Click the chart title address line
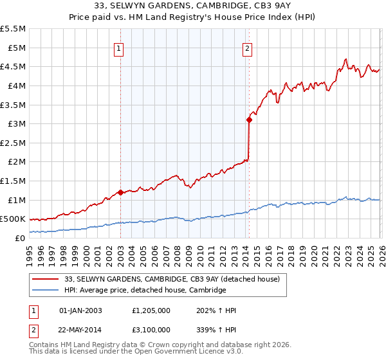point(193,6)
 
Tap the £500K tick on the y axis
point(13,219)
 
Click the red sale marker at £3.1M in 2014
point(249,119)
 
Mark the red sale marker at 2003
point(120,192)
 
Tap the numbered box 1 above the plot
point(120,48)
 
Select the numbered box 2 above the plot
point(248,48)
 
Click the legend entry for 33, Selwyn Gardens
point(172,279)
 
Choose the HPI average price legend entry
point(145,291)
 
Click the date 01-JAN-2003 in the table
point(80,310)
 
